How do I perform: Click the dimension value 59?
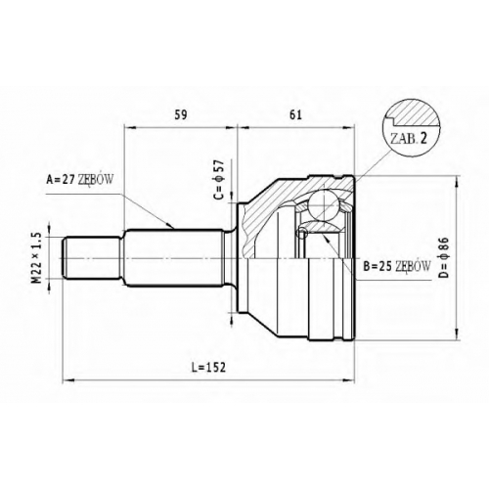(181, 115)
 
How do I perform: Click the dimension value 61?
(295, 115)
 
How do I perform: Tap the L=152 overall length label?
(208, 368)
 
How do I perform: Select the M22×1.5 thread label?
(38, 257)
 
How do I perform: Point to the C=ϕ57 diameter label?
(219, 180)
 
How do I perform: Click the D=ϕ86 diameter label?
(444, 257)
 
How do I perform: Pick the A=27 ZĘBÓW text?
(80, 179)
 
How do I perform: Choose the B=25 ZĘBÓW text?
(397, 266)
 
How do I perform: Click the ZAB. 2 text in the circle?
(409, 139)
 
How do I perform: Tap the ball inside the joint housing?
(323, 204)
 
